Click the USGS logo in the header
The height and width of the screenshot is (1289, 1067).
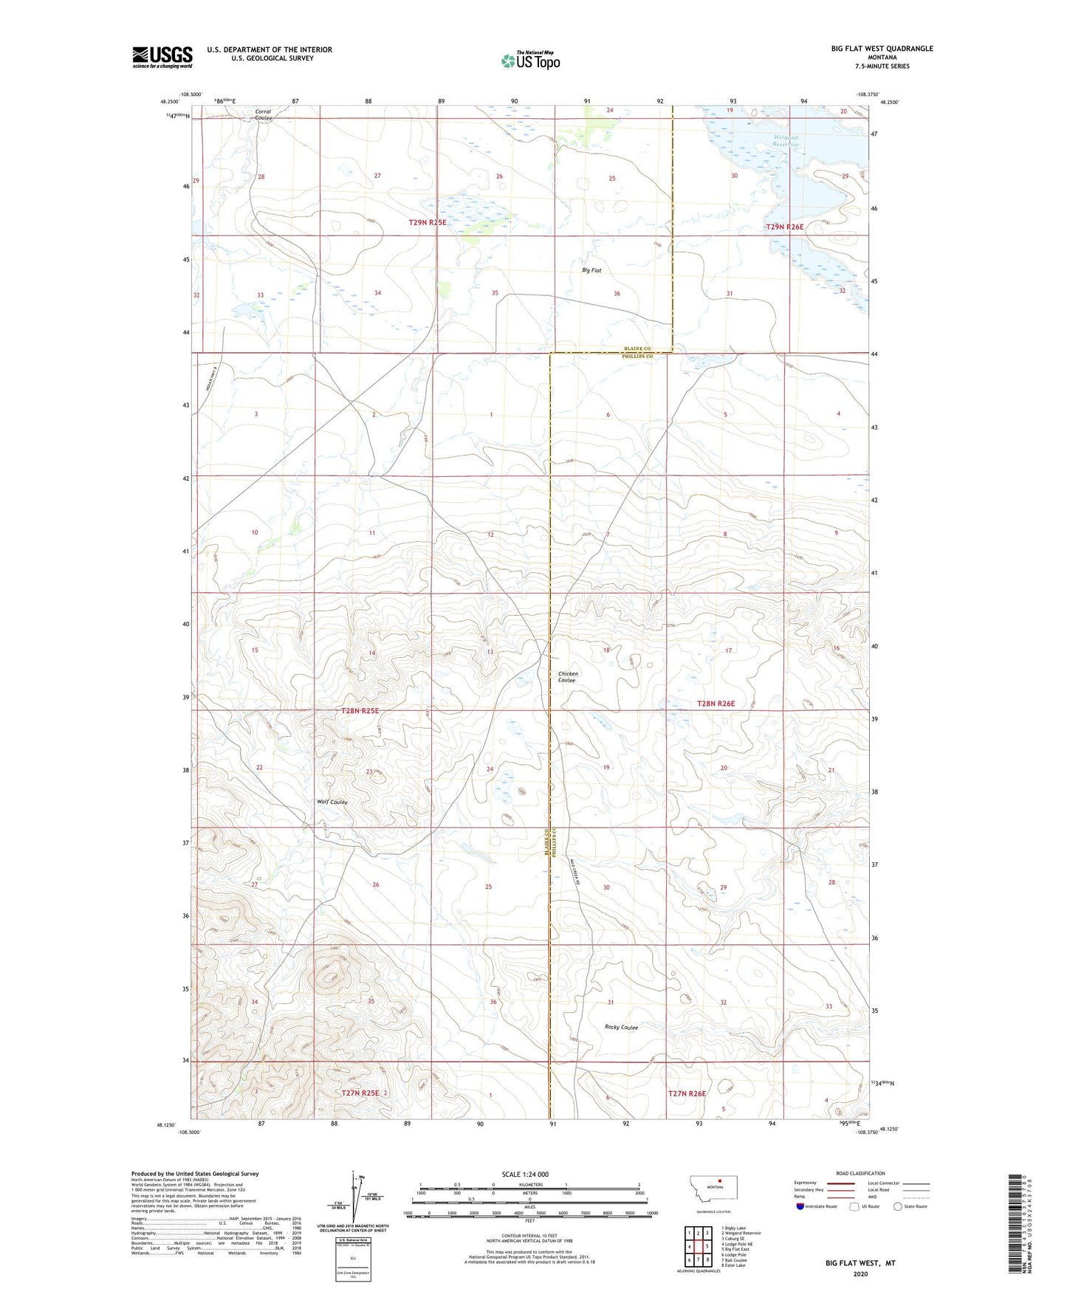coord(162,57)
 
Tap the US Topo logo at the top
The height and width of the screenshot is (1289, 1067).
coord(531,61)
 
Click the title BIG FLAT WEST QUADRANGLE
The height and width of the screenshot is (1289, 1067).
coord(882,49)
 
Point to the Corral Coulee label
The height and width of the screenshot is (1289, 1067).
coord(264,115)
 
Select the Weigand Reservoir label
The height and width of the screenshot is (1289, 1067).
coord(786,141)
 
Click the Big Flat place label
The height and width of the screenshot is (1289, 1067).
coord(591,270)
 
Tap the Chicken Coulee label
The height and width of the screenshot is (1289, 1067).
coord(568,676)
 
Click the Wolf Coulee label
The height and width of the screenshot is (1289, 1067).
coord(332,802)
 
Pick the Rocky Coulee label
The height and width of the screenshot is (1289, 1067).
coord(621,1027)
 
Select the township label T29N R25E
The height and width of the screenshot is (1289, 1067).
coord(428,222)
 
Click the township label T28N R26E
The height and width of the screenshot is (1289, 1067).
coord(716,704)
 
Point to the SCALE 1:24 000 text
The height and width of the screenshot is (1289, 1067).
coord(525,1174)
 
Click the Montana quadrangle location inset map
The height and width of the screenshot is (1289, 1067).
coord(713,1192)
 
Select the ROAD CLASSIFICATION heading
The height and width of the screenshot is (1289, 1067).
coord(860,1173)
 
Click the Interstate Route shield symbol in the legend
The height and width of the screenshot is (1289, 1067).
coord(800,1206)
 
